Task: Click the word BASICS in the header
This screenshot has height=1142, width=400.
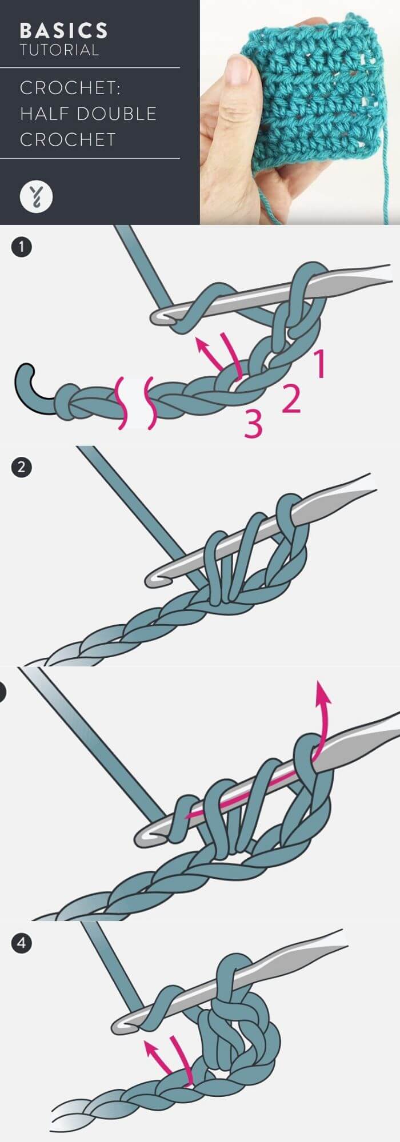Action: (x=63, y=31)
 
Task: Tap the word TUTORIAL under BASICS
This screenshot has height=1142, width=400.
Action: (x=59, y=50)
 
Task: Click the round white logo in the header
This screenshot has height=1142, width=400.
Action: (x=36, y=196)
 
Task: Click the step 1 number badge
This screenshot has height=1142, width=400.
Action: (x=22, y=247)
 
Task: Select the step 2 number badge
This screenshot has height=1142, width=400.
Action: (x=22, y=468)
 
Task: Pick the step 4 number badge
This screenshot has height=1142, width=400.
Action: (x=22, y=943)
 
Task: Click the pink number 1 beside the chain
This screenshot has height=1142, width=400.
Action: (x=319, y=365)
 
